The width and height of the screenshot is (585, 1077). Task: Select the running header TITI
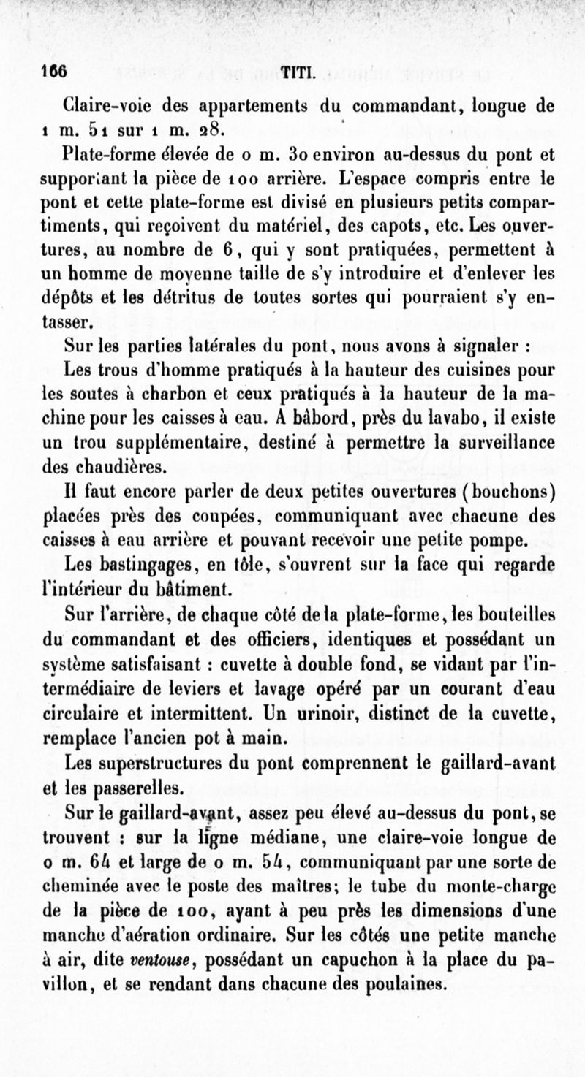point(297,73)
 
